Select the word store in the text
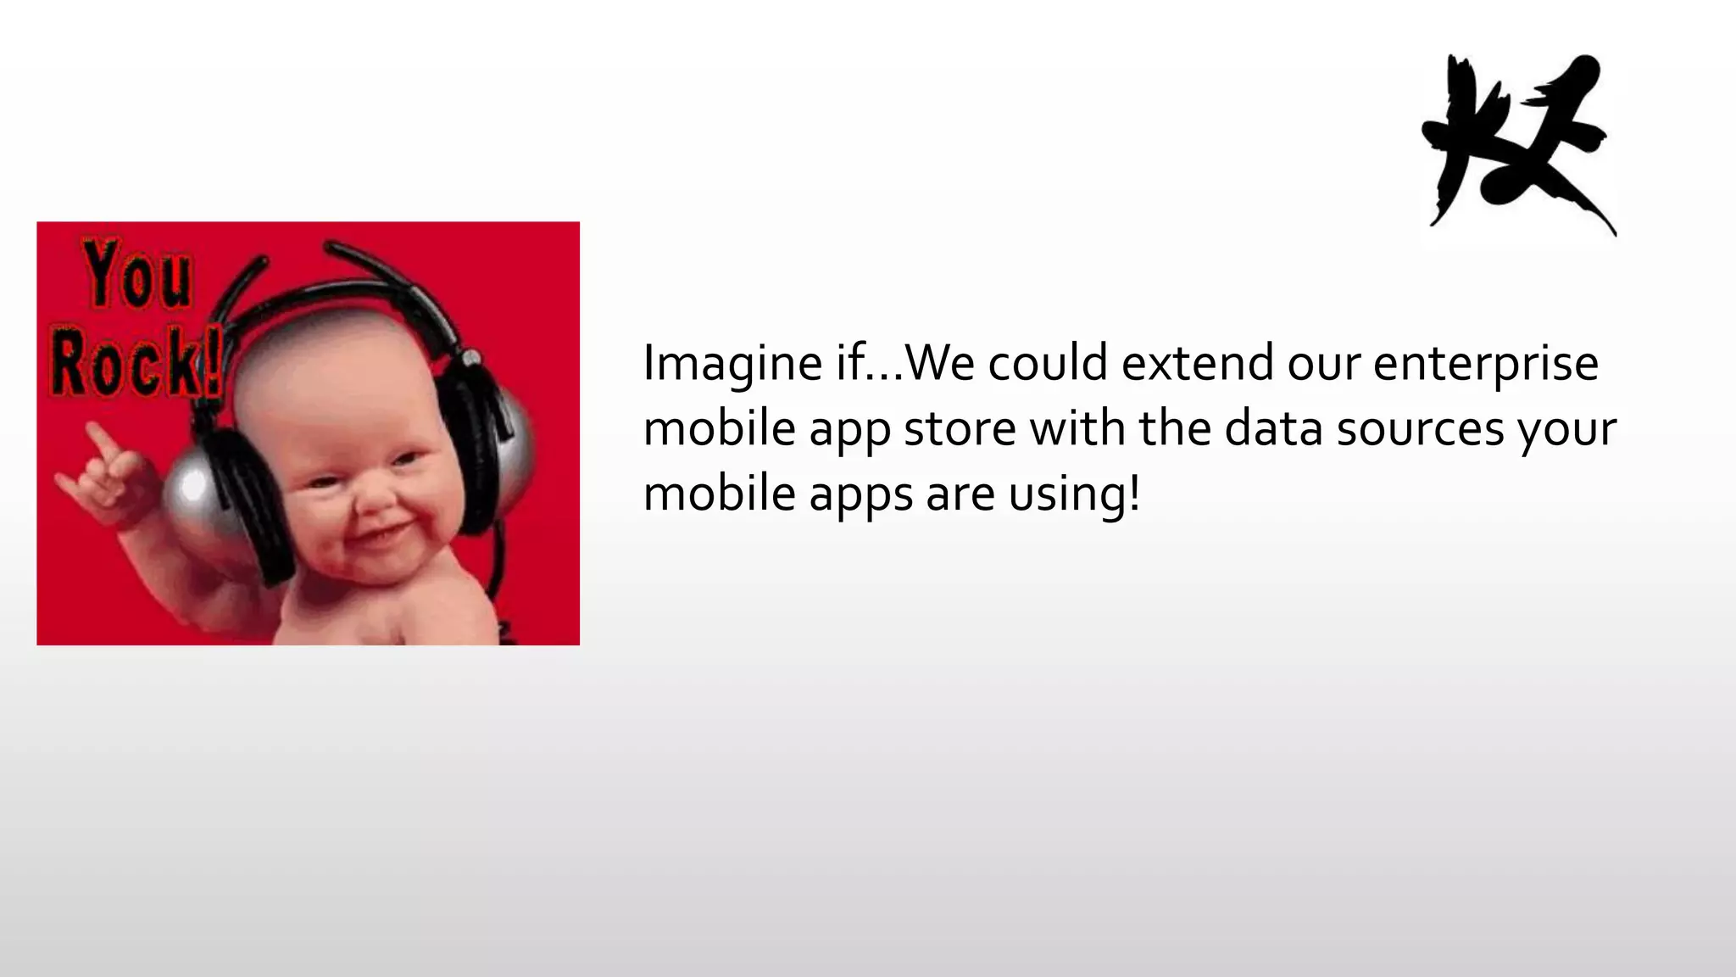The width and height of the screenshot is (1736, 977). (960, 428)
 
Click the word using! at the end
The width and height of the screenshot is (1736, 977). (1074, 494)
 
